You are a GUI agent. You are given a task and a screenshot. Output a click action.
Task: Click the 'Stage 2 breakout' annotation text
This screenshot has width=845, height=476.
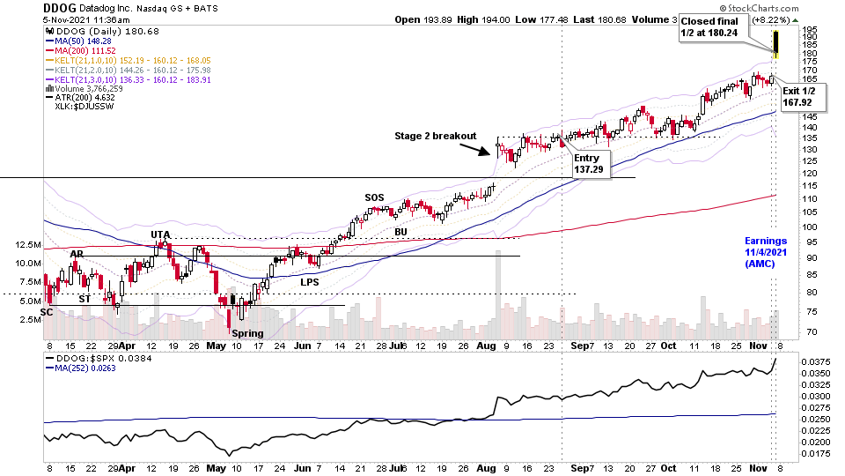tap(435, 136)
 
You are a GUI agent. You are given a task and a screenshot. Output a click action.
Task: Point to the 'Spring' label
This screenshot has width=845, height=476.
tap(248, 333)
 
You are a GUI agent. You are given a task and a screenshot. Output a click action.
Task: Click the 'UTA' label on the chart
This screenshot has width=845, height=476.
tap(160, 234)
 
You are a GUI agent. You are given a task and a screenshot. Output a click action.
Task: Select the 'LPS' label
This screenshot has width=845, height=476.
tap(310, 282)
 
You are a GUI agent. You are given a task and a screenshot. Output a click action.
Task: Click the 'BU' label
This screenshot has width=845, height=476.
tap(400, 232)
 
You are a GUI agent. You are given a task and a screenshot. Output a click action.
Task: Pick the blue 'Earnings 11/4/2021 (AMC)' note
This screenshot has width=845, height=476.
tap(766, 252)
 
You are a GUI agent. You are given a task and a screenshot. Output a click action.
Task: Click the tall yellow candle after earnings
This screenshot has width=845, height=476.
tap(776, 42)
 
